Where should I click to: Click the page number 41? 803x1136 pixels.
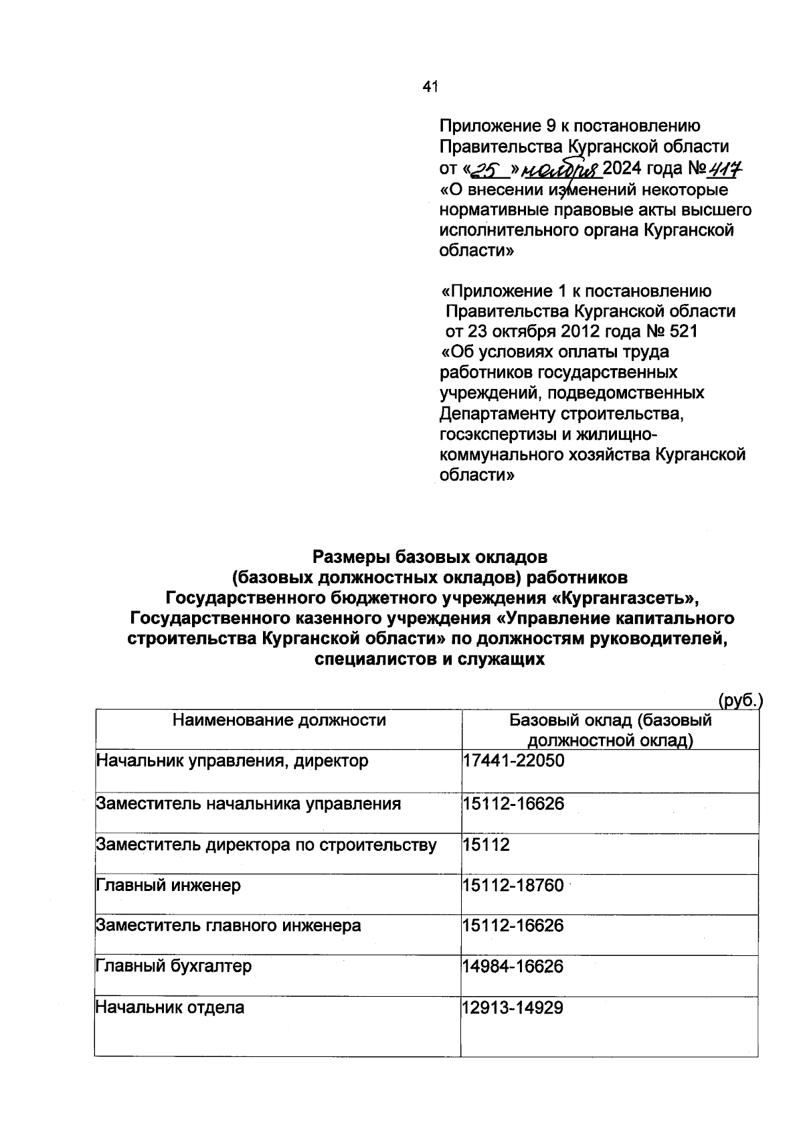coord(430,86)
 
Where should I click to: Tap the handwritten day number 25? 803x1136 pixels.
coord(484,169)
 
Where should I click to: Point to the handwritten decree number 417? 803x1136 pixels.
coord(729,168)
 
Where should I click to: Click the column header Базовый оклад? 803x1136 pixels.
coord(610,730)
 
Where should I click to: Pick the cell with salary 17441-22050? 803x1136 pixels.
coord(513,761)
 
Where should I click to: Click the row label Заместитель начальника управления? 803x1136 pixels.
coord(248,804)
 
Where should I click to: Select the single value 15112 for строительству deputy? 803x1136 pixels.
coord(486,845)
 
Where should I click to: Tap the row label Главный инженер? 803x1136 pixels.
coord(169,886)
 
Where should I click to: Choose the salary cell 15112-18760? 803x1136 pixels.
coord(513,886)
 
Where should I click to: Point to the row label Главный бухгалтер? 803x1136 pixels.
coord(174,967)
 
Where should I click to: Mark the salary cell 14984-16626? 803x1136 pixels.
coord(513,967)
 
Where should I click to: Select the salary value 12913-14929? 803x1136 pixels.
coord(513,1007)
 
